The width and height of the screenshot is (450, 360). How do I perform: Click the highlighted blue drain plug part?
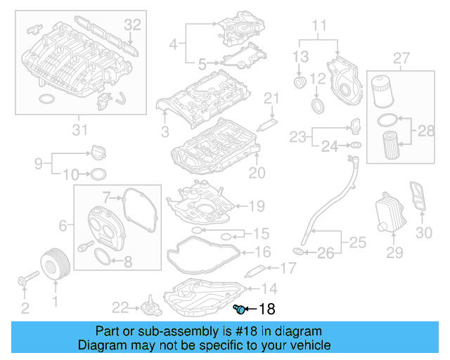(239, 309)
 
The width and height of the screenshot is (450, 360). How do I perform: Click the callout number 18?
(268, 309)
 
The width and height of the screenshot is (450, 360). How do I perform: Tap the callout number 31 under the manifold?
(80, 129)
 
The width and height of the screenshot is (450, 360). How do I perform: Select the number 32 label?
(133, 25)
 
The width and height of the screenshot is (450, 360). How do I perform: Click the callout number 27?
(401, 57)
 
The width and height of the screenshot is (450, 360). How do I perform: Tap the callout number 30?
(423, 233)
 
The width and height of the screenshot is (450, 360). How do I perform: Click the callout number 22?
(121, 306)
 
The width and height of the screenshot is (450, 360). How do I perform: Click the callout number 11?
(320, 27)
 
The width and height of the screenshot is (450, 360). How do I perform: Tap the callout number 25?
(357, 243)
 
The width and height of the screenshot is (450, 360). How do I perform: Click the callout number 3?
(165, 131)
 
